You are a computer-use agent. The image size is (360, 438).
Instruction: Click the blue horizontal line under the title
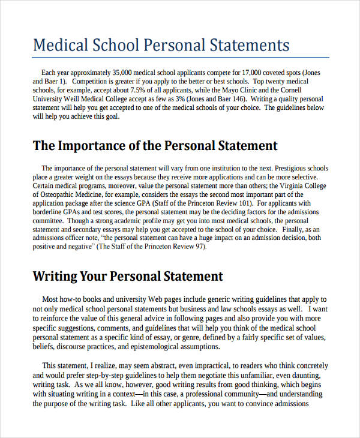(179, 58)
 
